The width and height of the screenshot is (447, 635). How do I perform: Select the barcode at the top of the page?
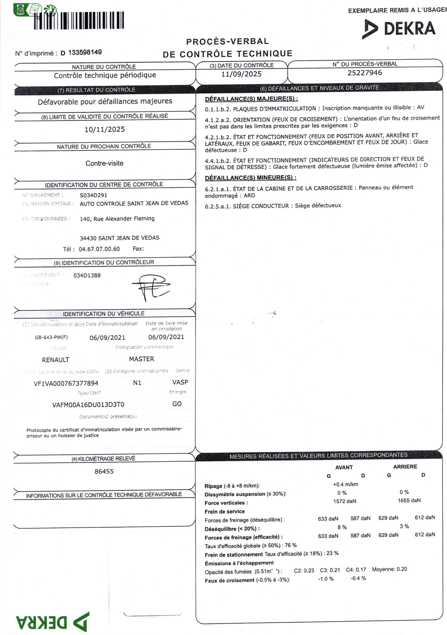[x=79, y=21]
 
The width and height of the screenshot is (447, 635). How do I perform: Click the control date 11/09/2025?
[x=241, y=74]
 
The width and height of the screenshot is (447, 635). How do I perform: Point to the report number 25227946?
[x=365, y=73]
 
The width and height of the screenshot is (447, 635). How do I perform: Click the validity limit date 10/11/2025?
[x=105, y=129]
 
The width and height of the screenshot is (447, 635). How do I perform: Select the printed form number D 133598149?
[x=81, y=53]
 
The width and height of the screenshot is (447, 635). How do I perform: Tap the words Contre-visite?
[x=104, y=163]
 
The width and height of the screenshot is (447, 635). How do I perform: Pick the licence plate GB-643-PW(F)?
[x=49, y=337]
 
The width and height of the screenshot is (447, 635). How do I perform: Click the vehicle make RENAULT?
[x=56, y=360]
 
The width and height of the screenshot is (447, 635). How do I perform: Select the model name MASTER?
[x=141, y=359]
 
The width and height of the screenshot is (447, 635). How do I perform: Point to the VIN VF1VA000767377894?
[x=66, y=383]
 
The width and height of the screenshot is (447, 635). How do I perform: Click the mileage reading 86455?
[x=104, y=471]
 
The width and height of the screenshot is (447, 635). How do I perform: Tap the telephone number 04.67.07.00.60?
[x=99, y=249]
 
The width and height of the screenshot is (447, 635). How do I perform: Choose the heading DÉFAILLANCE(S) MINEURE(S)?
[x=250, y=178]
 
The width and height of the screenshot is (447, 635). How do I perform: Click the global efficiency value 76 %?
[x=291, y=545]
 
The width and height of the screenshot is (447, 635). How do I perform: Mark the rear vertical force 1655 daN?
[x=409, y=500]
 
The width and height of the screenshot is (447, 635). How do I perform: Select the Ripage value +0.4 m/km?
[x=345, y=484]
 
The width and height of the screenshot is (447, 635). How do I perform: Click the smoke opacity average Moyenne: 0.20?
[x=389, y=569]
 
